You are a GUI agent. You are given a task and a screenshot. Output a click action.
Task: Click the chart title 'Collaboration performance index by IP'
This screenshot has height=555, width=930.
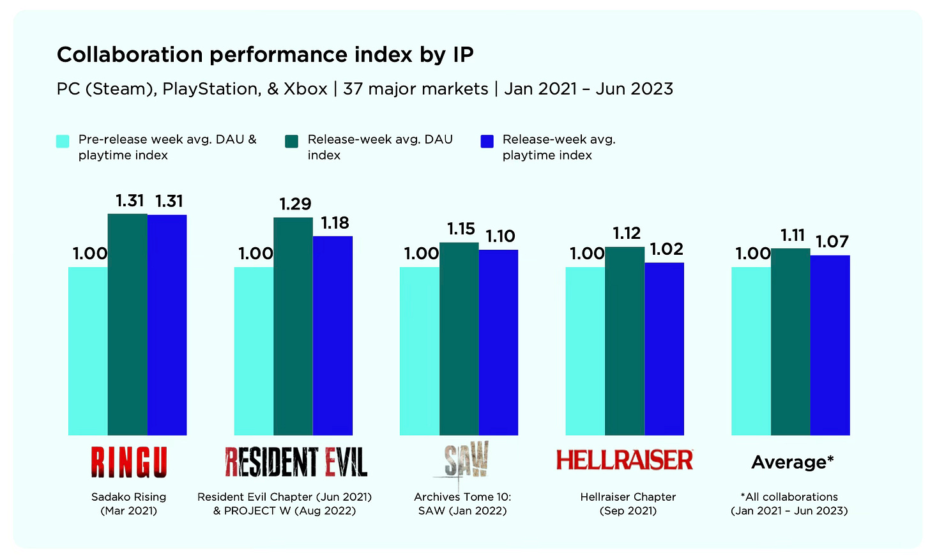click(x=265, y=55)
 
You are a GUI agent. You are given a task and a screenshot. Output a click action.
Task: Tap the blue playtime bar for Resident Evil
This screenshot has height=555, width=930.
click(x=333, y=335)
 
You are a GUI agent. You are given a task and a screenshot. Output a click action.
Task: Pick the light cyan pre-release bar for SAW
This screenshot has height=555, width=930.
click(x=419, y=351)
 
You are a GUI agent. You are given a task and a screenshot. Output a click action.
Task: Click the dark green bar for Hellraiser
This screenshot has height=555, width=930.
click(x=625, y=341)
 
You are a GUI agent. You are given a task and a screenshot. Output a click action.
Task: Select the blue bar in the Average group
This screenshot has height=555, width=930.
click(x=830, y=345)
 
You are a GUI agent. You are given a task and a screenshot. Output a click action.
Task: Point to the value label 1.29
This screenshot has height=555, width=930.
click(x=295, y=204)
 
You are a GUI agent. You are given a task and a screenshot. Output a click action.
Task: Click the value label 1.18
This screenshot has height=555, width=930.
click(x=335, y=223)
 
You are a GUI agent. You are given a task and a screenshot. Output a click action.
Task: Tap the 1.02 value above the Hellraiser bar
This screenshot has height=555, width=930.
click(x=666, y=249)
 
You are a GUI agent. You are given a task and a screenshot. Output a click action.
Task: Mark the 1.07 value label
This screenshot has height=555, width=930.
click(x=832, y=242)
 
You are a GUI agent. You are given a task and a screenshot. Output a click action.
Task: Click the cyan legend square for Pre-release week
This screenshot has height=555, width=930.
click(x=63, y=141)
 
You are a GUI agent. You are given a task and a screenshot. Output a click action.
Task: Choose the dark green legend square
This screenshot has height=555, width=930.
click(x=291, y=141)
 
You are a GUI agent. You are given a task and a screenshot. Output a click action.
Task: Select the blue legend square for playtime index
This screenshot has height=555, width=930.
click(x=487, y=141)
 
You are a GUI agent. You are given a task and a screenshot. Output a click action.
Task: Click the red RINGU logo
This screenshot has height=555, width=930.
click(x=128, y=462)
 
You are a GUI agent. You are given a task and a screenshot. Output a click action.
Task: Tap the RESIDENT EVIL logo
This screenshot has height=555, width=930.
click(x=296, y=462)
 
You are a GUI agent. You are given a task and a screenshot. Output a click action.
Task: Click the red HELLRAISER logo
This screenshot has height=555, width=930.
click(x=624, y=460)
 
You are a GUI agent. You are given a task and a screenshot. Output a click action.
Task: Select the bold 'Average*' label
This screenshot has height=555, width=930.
click(x=792, y=462)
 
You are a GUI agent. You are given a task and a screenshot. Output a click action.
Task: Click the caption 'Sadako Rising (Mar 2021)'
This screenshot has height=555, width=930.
click(x=128, y=504)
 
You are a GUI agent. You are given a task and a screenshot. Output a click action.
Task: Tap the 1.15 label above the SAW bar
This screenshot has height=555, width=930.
click(x=461, y=229)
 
